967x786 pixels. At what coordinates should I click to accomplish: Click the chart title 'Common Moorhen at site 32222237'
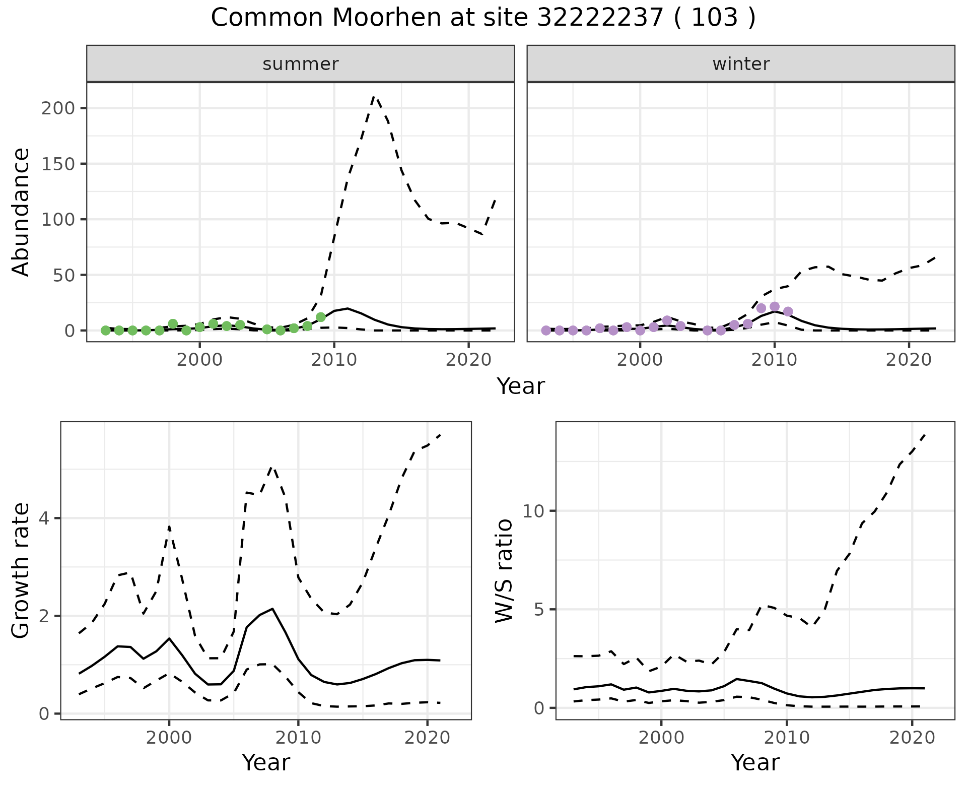point(482,18)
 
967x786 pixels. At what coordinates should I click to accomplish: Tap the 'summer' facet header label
point(301,64)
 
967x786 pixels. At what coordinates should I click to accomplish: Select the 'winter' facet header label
point(741,64)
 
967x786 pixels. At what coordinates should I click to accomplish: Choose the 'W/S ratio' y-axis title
point(504,570)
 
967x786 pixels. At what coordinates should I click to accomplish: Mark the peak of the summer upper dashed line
point(374,96)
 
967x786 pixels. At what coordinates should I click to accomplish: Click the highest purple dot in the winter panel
point(775,307)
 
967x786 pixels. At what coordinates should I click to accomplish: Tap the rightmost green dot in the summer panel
point(321,317)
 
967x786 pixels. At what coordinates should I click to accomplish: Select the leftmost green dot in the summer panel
point(105,331)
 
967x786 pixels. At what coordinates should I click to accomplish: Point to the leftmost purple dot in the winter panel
point(546,331)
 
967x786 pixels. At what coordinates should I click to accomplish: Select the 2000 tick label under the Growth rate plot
point(169,738)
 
